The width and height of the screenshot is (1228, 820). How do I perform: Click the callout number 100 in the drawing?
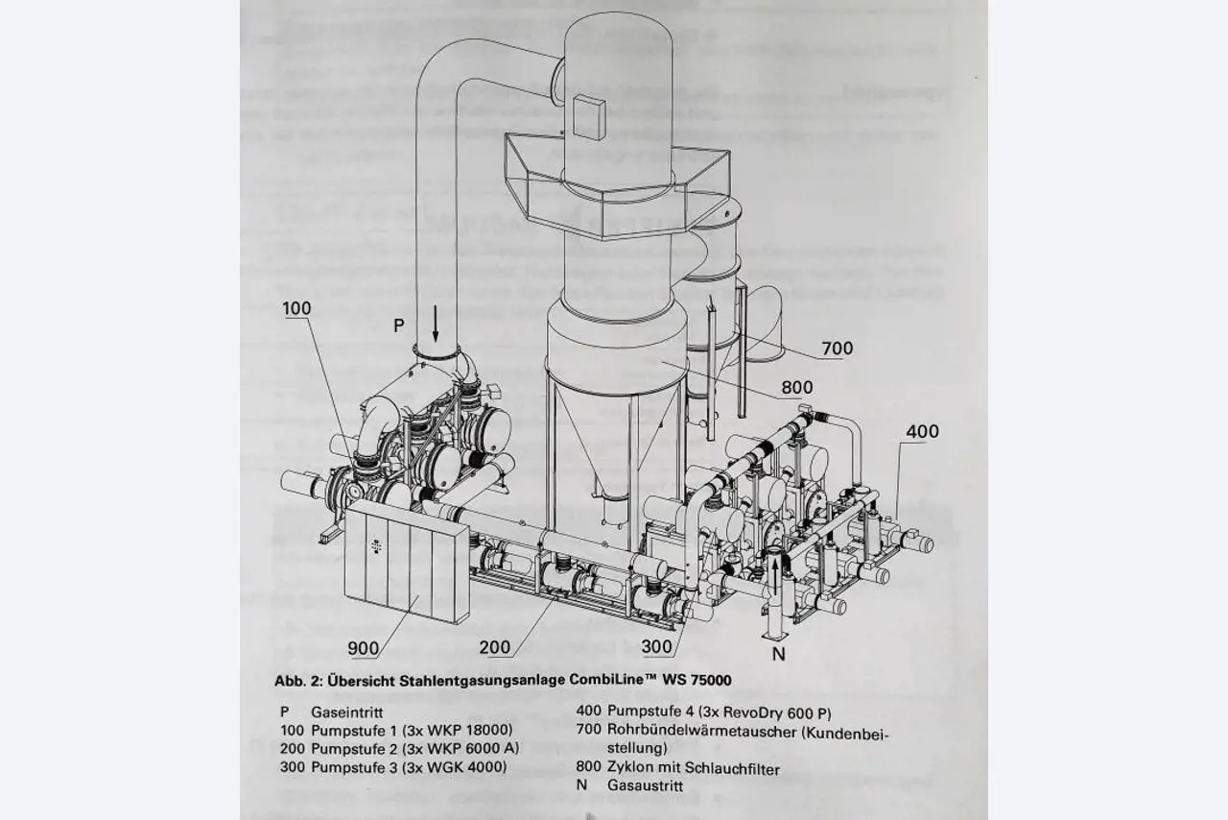[296, 308]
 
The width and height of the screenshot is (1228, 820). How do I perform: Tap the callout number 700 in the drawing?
[837, 349]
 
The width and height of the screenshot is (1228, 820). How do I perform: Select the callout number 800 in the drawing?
[796, 388]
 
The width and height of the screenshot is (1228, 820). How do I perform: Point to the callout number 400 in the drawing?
[922, 432]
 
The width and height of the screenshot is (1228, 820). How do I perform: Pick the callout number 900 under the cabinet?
[364, 648]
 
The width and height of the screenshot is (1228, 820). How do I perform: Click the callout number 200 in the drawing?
[495, 647]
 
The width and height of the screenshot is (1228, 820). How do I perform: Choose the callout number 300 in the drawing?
[657, 647]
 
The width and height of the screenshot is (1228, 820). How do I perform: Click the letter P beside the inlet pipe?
[398, 326]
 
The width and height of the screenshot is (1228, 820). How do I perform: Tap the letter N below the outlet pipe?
[779, 654]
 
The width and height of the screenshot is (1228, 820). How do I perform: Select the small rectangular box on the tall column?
[585, 112]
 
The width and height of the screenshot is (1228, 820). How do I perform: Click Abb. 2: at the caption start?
[297, 681]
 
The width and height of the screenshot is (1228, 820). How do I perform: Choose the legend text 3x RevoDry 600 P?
[772, 713]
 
